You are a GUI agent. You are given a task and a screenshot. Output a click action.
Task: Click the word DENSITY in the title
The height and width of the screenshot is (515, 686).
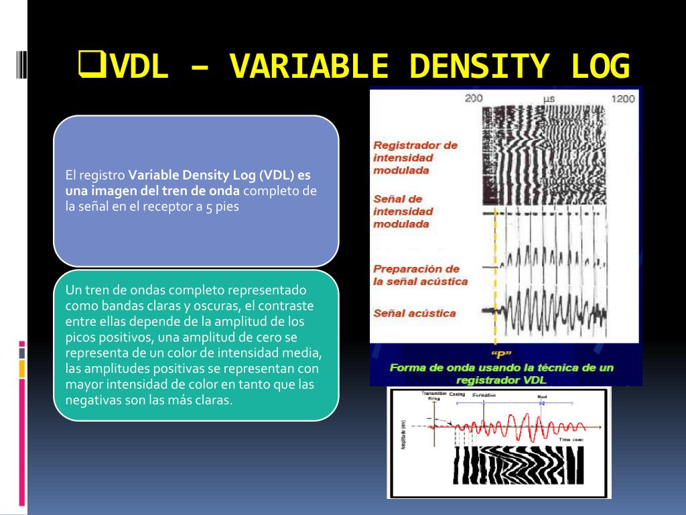478,66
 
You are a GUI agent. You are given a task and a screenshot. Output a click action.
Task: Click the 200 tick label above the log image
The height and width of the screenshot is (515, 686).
474,99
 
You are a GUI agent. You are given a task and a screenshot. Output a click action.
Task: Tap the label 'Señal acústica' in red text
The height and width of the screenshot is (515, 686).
414,313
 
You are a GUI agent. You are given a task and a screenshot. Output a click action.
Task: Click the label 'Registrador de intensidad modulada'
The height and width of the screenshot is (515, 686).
415,158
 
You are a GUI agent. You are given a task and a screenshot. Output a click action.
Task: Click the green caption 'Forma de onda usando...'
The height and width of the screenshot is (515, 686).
501,374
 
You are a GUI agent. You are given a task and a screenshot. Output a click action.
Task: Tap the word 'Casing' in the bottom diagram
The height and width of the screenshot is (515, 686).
457,394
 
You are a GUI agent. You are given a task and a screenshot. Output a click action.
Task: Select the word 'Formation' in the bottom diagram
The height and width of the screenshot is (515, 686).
484,395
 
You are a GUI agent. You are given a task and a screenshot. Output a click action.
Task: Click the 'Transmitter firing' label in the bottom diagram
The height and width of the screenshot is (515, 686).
430,396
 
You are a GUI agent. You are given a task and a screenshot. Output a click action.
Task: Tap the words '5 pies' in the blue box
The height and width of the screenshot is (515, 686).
223,207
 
